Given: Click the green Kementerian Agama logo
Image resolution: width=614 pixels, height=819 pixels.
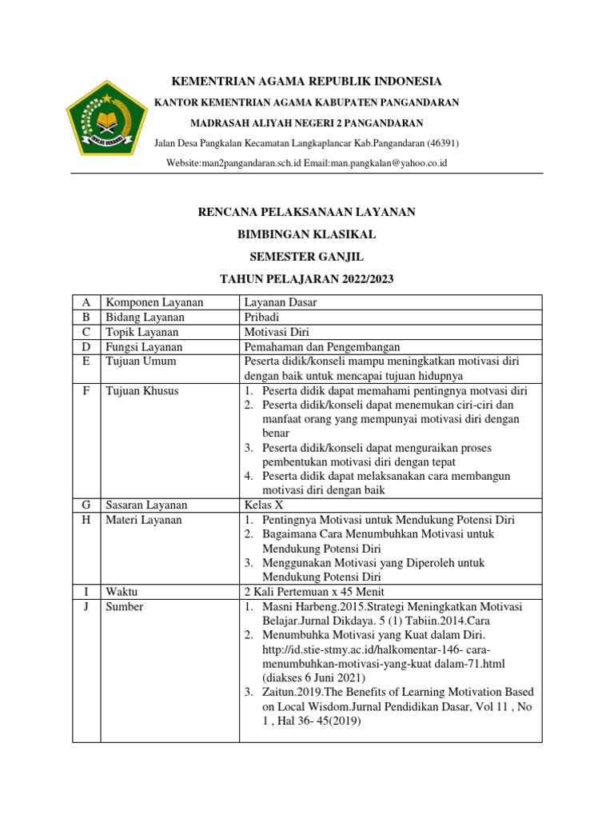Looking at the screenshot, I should [106, 122].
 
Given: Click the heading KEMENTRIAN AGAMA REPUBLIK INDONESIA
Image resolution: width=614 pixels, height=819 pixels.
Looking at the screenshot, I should [307, 82].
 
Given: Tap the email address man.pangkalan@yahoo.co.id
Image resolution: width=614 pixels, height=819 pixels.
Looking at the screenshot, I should [391, 163].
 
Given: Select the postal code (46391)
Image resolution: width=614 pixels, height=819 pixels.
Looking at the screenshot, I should [441, 142].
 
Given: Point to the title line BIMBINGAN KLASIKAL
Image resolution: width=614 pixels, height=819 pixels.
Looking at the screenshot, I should [307, 234].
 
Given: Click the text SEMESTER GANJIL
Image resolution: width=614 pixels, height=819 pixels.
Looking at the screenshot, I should [307, 256].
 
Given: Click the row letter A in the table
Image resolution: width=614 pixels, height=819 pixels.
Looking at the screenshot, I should [86, 302].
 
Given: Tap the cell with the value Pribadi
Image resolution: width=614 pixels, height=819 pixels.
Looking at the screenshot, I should [261, 318].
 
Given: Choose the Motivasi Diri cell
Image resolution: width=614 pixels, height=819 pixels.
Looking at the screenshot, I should [276, 332].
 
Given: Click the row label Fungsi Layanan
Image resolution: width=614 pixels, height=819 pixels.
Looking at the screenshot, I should [144, 347].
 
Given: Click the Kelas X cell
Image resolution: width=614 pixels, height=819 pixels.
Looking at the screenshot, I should [264, 505].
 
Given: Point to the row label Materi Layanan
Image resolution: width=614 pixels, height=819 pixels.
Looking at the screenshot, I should [144, 520].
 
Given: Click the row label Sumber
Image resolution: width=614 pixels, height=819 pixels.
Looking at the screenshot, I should [124, 607].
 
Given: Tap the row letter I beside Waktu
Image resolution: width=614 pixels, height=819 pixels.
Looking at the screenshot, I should [86, 592].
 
